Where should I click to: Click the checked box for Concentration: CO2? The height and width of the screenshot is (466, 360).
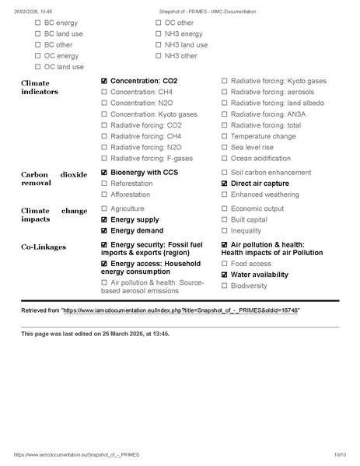(104, 81)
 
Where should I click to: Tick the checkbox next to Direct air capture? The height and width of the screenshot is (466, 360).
(225, 184)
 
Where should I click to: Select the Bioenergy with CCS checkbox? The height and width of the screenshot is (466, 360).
(104, 172)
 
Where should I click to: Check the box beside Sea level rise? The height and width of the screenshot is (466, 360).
(225, 147)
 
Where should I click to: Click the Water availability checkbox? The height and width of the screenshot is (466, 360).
(225, 275)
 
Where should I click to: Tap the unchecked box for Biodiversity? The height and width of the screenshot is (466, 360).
(225, 286)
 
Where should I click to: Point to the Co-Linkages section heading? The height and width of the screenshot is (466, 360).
(44, 247)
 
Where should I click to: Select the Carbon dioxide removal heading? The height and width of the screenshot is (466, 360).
(54, 178)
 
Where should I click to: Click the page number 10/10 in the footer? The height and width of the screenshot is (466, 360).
(340, 454)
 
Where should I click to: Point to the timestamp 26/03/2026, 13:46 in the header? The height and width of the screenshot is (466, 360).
(31, 12)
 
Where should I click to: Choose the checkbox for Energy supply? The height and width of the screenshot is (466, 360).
(104, 220)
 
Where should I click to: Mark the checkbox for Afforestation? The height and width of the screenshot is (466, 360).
(104, 194)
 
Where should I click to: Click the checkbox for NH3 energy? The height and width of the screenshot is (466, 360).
(159, 34)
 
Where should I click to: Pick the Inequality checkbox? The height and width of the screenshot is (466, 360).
(225, 231)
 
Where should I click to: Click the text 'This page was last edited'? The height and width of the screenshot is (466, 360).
(62, 334)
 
